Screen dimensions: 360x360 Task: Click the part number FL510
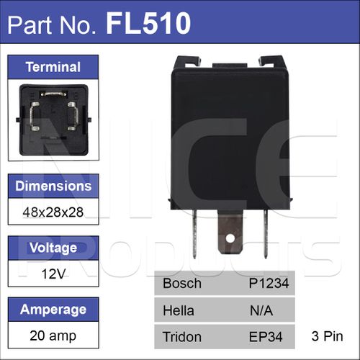click(148, 24)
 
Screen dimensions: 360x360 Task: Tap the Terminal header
click(53, 67)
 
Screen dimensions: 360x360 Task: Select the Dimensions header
click(53, 186)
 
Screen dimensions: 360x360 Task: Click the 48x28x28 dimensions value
click(53, 212)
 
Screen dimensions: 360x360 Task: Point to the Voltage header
click(53, 248)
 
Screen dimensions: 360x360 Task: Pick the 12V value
click(53, 274)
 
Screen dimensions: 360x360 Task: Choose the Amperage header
click(53, 310)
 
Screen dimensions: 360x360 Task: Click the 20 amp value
click(53, 336)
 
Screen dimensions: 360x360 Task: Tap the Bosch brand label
click(182, 283)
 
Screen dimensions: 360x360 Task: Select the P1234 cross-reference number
click(269, 283)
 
